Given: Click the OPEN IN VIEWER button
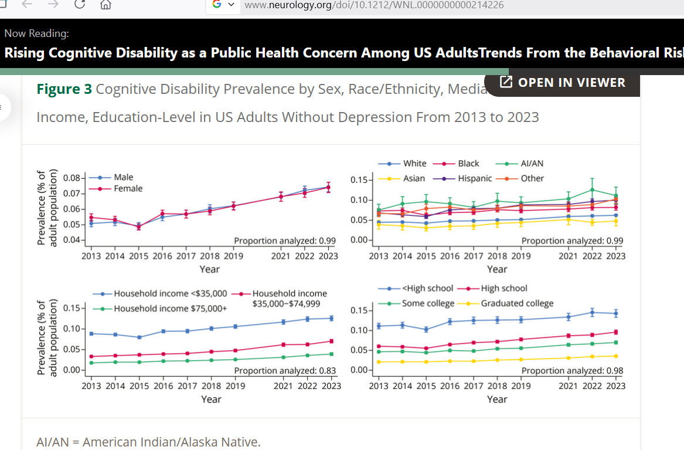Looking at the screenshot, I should pos(563,83).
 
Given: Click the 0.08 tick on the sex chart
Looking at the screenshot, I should pos(72,178).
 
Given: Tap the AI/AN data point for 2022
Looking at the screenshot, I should pos(592,190).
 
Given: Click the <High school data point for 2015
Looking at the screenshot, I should pos(426,330).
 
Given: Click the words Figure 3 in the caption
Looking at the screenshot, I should pos(64,89).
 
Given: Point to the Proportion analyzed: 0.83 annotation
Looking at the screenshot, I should pos(285,371).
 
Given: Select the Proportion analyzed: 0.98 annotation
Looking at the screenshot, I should pos(572,371).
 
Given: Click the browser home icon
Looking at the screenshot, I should pos(106,5).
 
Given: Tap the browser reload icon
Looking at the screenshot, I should pos(80,5).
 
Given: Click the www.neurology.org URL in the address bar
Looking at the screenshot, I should pos(374,5).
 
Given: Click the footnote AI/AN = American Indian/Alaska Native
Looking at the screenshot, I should pos(148,442).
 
